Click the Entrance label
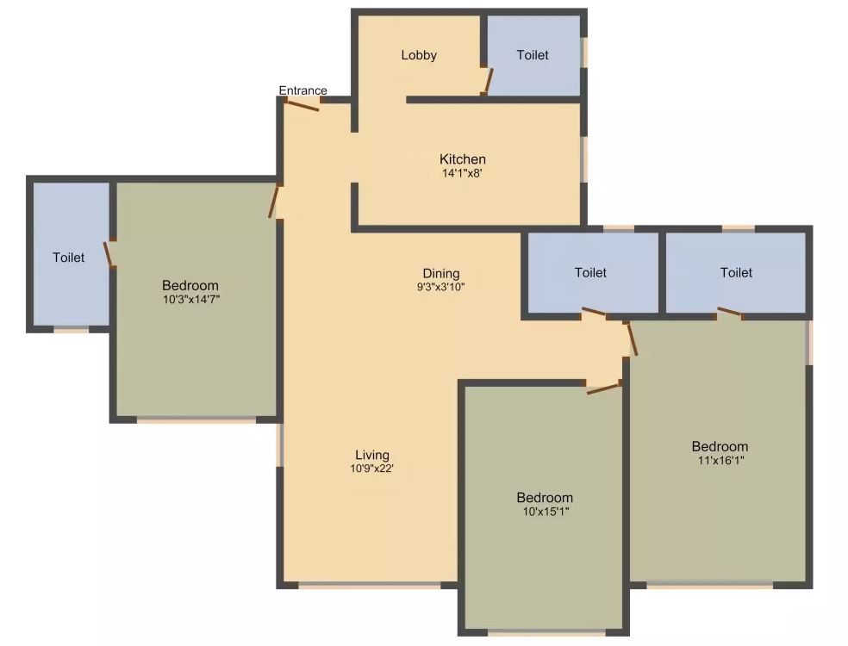302,90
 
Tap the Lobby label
419,55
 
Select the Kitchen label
463,159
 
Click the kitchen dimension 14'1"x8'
463,173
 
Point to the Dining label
440,274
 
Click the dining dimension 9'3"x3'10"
440,288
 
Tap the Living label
372,455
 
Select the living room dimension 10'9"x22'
372,469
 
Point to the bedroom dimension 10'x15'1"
545,512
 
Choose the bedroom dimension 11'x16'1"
720,460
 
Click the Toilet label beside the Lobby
533,55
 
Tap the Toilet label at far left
69,258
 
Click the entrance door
302,105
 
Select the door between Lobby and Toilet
487,80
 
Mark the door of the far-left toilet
109,254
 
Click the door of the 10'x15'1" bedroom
603,388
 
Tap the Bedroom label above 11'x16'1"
720,446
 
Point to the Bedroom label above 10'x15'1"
545,498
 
